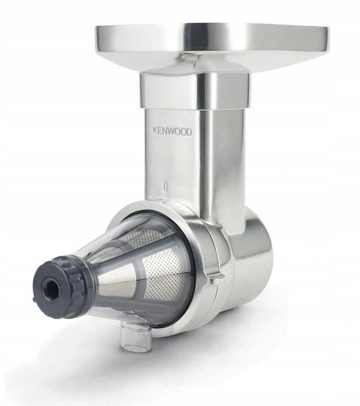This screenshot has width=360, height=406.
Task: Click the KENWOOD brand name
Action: (172, 131)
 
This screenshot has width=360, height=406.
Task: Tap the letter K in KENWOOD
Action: (154, 131)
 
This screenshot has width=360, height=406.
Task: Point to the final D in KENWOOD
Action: (189, 131)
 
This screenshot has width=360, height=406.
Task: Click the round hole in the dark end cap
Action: (52, 286)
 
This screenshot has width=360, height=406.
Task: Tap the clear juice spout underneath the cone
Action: (136, 336)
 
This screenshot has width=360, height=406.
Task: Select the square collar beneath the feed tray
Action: (194, 90)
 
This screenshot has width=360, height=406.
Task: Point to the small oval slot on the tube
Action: (164, 187)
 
